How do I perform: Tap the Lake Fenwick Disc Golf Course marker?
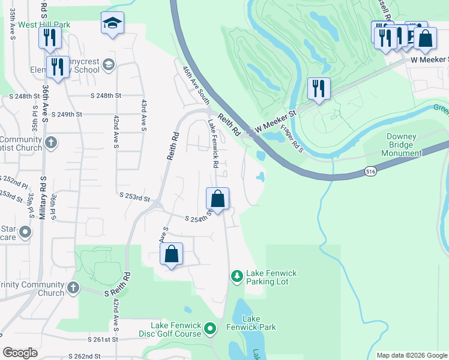[x=210, y=328]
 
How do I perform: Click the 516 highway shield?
[x=370, y=172]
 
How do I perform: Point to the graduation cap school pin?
[x=112, y=24]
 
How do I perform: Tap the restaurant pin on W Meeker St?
[x=319, y=89]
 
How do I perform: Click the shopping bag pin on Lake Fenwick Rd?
[x=217, y=199]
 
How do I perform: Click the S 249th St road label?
[x=67, y=114]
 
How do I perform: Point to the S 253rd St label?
[x=134, y=196]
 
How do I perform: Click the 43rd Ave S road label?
[x=144, y=114]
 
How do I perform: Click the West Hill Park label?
[x=44, y=25]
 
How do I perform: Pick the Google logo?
[x=20, y=353]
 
